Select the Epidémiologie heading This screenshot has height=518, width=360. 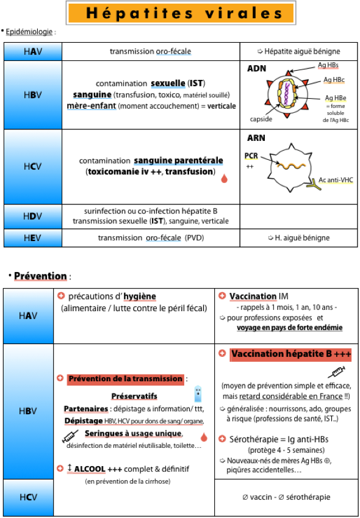click(x=29, y=32)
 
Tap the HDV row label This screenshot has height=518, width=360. click(x=33, y=217)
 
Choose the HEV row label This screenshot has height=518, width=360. click(x=33, y=238)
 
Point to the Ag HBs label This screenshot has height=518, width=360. click(x=328, y=65)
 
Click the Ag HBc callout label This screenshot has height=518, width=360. click(x=334, y=80)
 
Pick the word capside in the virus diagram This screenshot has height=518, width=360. click(x=261, y=119)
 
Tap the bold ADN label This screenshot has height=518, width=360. click(x=256, y=69)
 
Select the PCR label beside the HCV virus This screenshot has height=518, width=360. click(x=251, y=156)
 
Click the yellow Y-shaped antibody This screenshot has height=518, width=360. click(x=311, y=185)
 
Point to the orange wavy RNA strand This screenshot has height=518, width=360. click(x=291, y=165)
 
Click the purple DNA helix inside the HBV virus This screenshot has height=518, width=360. click(x=287, y=92)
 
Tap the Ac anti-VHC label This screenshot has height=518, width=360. click(x=336, y=180)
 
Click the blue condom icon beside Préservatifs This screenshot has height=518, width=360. click(x=198, y=394)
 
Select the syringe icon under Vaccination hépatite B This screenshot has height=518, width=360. click(x=336, y=372)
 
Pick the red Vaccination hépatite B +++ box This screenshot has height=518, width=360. click(x=290, y=354)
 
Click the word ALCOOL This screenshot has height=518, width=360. click(x=90, y=469)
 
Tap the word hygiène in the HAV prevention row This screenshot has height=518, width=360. click(x=140, y=297)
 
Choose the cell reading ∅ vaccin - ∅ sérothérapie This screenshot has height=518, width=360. click(x=286, y=497)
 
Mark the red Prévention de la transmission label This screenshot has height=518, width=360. click(x=125, y=379)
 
